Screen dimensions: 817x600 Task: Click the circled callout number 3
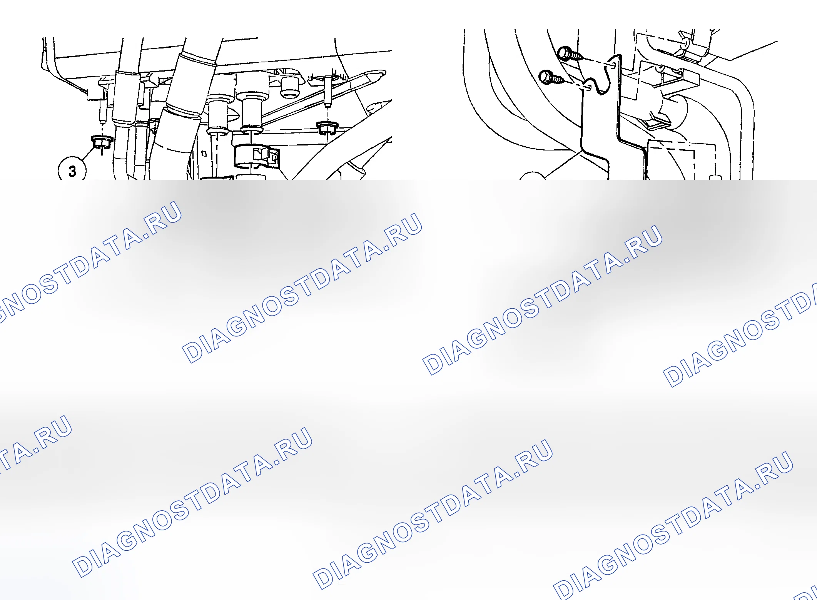tap(72, 171)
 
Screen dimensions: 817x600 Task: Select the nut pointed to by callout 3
tap(102, 142)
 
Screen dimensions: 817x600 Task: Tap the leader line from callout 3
tap(89, 152)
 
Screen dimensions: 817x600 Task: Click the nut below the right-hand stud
tap(327, 127)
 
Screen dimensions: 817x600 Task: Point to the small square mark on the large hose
tap(204, 154)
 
